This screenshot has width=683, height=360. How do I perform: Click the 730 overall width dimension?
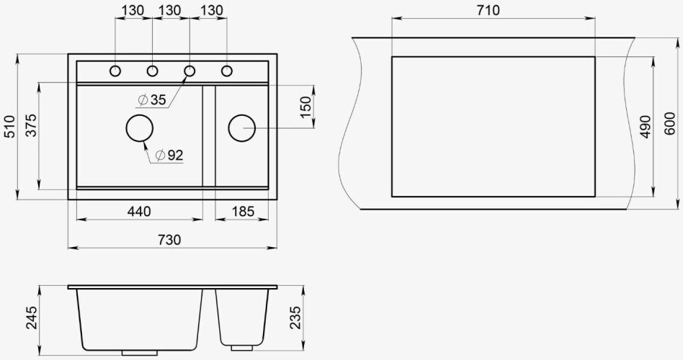point(169,240)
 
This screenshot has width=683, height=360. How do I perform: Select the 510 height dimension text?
point(9,126)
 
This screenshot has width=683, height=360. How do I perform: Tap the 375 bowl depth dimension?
point(31,125)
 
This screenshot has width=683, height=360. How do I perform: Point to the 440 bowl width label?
point(139,212)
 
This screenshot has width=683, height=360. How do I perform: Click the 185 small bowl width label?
point(243,212)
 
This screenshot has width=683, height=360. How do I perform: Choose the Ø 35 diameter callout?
point(152,100)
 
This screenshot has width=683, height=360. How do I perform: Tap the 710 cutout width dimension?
point(488,11)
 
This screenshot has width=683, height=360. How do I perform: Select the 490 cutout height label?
point(646,127)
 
